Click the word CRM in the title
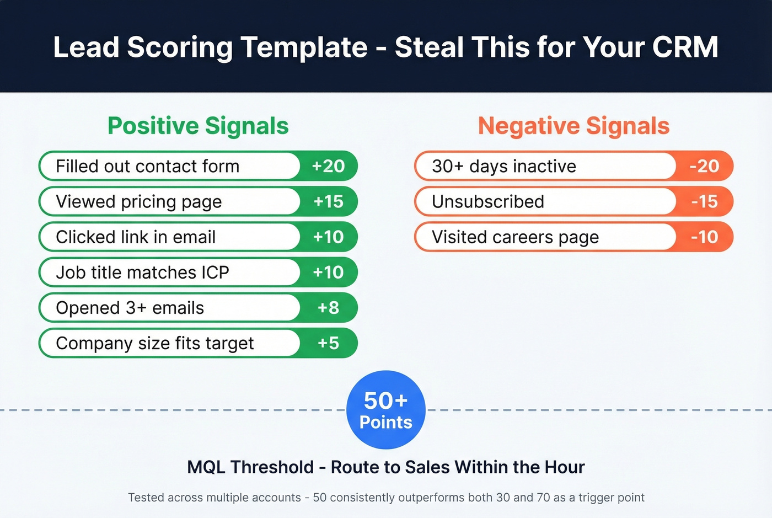pos(685,47)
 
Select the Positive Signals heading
pos(198,126)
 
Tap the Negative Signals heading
pos(573,126)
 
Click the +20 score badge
pos(328,166)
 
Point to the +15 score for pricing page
pos(328,201)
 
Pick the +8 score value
pos(328,307)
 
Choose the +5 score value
pos(328,343)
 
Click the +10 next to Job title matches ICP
pos(328,272)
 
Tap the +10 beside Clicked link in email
pos(328,237)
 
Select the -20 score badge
pos(704,166)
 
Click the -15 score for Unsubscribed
pos(704,201)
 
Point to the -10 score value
pos(704,237)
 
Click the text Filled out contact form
pos(148,166)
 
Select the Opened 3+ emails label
pos(130,307)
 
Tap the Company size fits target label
pos(155,343)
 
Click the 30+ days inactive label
pos(504,166)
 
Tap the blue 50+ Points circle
pos(385,410)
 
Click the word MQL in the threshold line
pos(206,467)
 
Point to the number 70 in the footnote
pos(543,498)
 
